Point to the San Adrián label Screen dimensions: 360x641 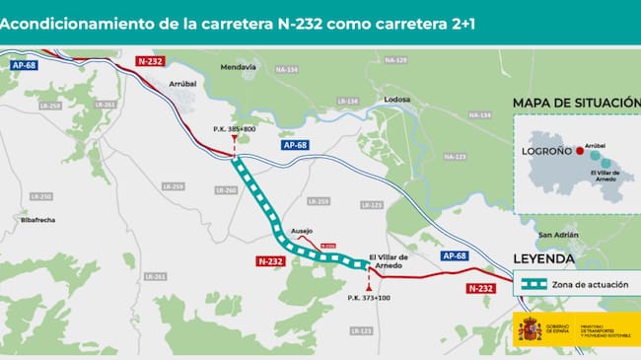click(558, 235)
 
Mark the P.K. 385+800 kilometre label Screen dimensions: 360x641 click(234, 129)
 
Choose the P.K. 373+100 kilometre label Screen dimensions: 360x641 click(369, 297)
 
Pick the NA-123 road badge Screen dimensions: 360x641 click(455, 157)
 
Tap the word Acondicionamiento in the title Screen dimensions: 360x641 click(75, 23)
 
